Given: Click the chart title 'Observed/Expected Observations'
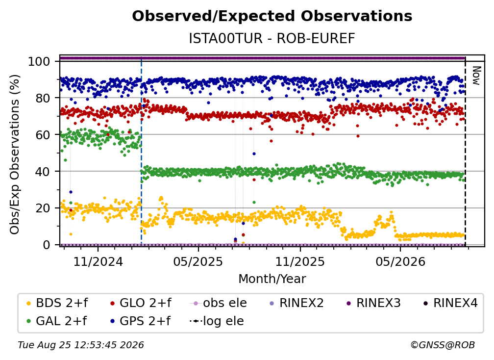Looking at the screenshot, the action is [x=272, y=16].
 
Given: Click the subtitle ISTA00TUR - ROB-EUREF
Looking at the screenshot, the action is [x=272, y=38].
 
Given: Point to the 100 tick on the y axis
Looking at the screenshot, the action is [x=39, y=61].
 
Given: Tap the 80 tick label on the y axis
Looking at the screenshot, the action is [x=43, y=98].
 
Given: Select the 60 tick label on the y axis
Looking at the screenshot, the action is [x=43, y=134].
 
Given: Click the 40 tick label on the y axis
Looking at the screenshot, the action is [x=43, y=172].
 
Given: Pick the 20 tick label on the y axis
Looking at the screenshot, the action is [x=43, y=208].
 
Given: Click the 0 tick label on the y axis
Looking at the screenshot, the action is [x=47, y=245].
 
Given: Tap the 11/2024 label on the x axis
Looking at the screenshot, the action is [x=98, y=261].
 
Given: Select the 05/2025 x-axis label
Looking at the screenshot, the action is [x=198, y=261].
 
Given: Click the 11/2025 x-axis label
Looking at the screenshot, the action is [x=300, y=261].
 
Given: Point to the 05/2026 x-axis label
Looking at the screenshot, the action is [x=400, y=261].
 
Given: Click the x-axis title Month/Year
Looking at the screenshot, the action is [x=272, y=279].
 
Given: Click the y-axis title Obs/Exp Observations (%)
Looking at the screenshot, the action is [x=15, y=154].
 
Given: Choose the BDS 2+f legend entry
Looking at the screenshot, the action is [x=57, y=303].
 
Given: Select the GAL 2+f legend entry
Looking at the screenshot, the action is [x=56, y=321].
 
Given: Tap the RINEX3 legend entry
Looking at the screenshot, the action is [x=373, y=303].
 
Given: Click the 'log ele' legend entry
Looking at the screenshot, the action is [x=217, y=321].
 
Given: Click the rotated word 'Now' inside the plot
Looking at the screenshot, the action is [x=476, y=76].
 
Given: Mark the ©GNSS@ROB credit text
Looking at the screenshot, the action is [x=443, y=345].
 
